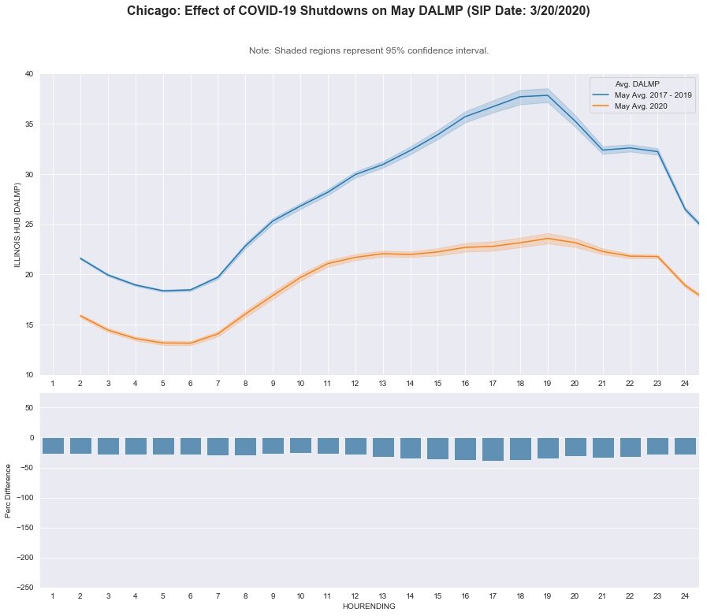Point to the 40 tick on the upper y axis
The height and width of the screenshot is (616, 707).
[x=29, y=74]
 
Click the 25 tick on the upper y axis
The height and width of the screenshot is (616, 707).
[x=29, y=225]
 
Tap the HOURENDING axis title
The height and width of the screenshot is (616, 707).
[x=369, y=607]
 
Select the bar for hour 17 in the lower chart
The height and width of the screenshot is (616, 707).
[x=493, y=449]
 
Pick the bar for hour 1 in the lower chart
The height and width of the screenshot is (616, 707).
[x=53, y=446]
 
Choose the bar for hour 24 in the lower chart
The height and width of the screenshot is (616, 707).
[x=685, y=446]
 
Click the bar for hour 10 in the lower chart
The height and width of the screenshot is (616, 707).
[x=300, y=445]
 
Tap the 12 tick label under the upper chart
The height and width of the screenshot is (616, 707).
[x=355, y=383]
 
